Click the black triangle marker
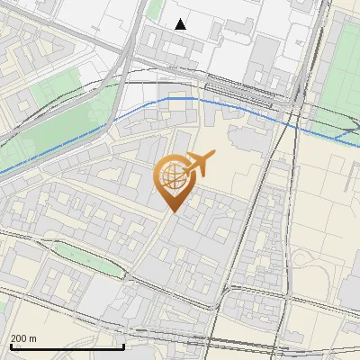[x=181, y=24]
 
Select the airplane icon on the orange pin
[x=197, y=165]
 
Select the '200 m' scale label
[x=23, y=338]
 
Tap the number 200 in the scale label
[x=19, y=338]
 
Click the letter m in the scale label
[x=33, y=338]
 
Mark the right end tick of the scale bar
[x=123, y=344]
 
